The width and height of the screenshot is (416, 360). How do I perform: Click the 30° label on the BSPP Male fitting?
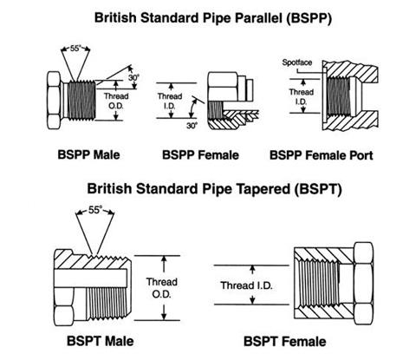[132, 77]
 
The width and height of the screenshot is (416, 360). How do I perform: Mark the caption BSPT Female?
[285, 342]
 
